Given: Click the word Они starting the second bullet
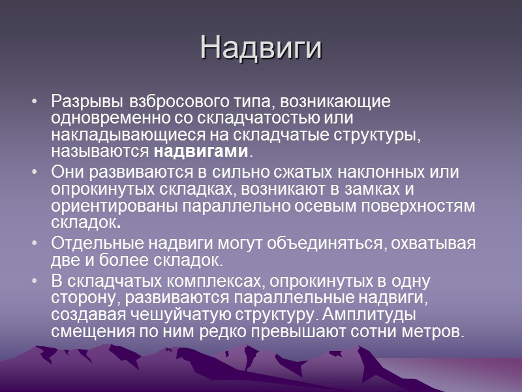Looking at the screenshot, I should coord(65,172).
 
